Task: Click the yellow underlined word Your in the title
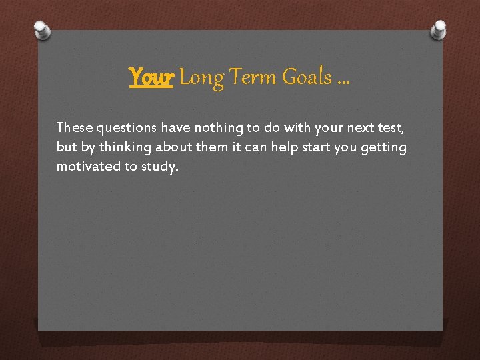point(151,78)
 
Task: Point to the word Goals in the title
point(307,78)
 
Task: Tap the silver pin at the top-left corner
point(42,29)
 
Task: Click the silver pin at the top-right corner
point(439,28)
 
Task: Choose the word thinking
point(123,147)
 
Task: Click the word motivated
point(88,167)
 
